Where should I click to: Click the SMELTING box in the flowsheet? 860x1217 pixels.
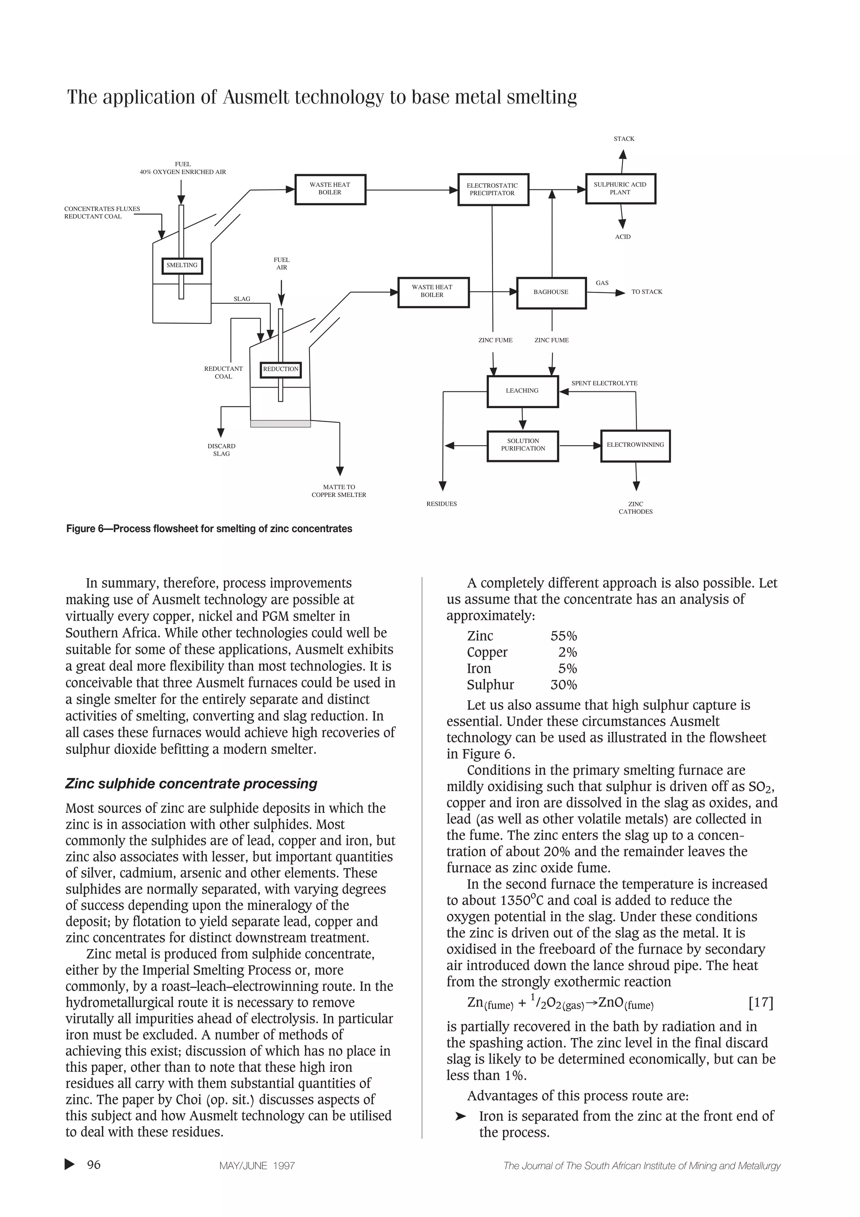[x=182, y=265]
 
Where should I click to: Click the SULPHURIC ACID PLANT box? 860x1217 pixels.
[x=620, y=189]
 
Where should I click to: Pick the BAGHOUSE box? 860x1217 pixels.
[x=551, y=292]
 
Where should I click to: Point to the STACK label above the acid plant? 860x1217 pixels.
[x=624, y=139]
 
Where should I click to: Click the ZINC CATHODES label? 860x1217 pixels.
[x=635, y=508]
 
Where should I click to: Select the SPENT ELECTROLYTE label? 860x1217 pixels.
[x=604, y=383]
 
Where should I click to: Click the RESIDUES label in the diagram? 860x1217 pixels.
[x=441, y=504]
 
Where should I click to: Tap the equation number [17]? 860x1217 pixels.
[x=760, y=1003]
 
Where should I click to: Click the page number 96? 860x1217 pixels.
[x=93, y=1165]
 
